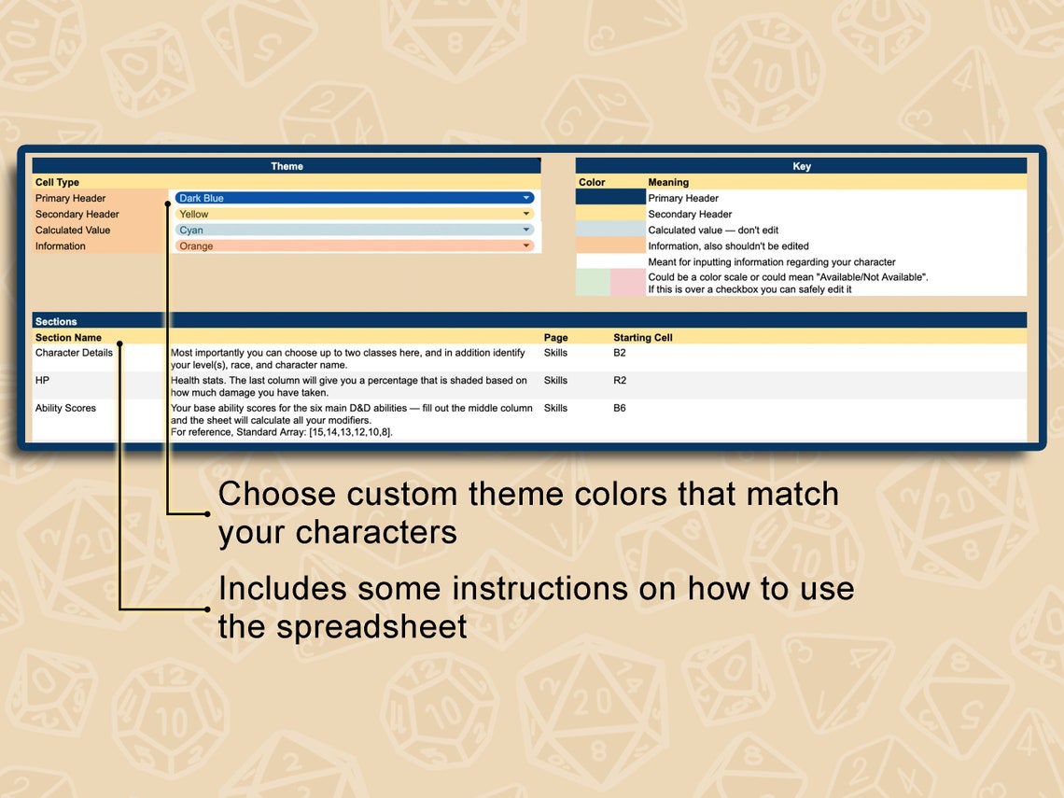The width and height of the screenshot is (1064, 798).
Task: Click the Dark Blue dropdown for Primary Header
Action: [354, 198]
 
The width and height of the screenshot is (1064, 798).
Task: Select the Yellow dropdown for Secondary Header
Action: [354, 214]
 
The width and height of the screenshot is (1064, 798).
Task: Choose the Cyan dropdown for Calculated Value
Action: [354, 230]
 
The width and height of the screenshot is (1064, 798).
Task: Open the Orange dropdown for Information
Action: [354, 246]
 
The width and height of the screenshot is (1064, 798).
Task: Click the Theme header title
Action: [287, 166]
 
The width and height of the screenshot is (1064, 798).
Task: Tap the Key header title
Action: [802, 166]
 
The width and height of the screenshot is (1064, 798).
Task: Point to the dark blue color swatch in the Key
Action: [610, 198]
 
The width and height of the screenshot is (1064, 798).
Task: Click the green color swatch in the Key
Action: [593, 283]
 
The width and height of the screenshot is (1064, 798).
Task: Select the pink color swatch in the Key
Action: [628, 283]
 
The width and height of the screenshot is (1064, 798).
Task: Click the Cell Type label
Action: [57, 182]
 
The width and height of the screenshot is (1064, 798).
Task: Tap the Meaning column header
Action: [668, 182]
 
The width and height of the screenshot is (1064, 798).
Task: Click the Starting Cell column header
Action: [642, 337]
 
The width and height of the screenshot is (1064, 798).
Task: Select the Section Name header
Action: [68, 337]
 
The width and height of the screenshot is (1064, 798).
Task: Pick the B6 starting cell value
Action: [620, 408]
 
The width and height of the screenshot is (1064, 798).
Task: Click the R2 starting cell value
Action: [620, 380]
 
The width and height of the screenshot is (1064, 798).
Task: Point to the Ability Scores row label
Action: [65, 408]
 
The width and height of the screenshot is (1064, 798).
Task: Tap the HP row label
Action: [42, 380]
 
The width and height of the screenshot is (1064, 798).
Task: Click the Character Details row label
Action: [74, 353]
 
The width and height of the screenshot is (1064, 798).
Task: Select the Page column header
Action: [555, 337]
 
